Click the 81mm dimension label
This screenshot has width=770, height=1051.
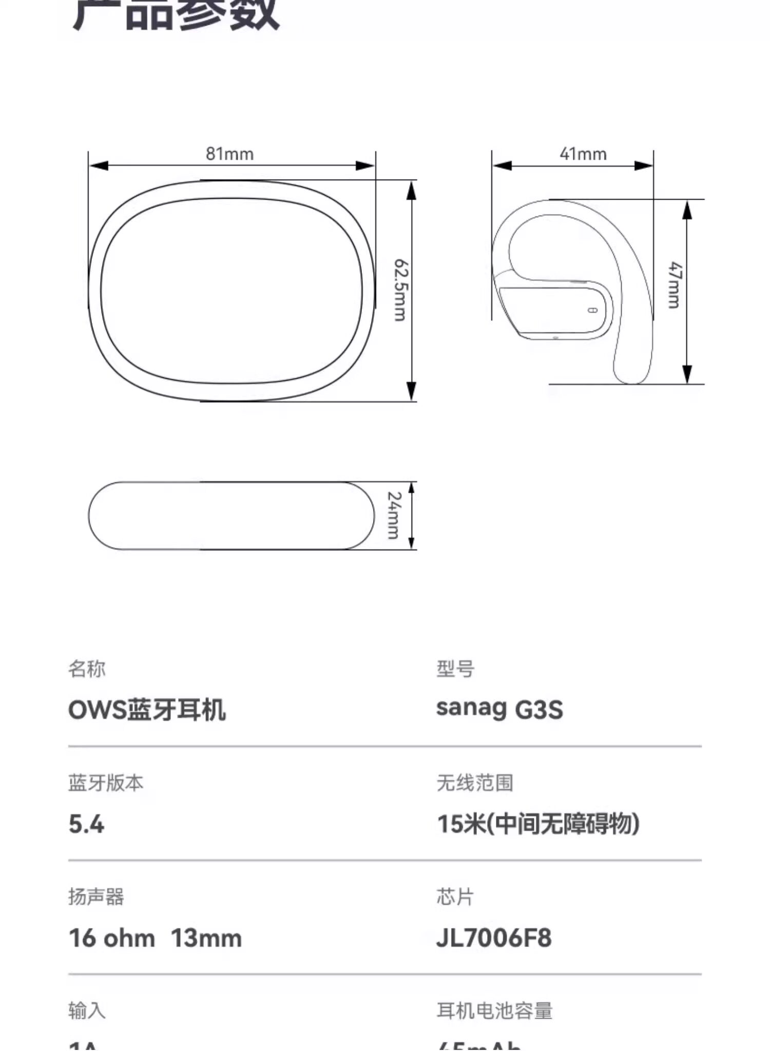[x=229, y=154]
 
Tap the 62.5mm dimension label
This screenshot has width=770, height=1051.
[x=400, y=290]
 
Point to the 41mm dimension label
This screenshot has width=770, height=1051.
[x=583, y=154]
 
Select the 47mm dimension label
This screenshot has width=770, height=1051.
[x=675, y=285]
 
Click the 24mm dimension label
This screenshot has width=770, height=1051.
[x=394, y=515]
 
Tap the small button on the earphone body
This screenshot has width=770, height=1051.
[x=592, y=310]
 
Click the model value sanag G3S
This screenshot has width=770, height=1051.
[x=499, y=709]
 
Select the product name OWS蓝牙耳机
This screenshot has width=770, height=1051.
[x=147, y=710]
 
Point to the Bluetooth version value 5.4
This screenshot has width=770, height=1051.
[x=86, y=824]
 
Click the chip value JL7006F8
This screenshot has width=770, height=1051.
[x=494, y=938]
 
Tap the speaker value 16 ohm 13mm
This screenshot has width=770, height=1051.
[x=155, y=938]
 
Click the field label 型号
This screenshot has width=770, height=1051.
[x=455, y=668]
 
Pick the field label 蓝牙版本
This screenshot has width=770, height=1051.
[x=106, y=782]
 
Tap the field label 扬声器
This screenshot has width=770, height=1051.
[x=96, y=896]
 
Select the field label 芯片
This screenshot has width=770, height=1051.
[x=455, y=896]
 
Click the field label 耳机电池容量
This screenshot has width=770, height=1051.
[x=494, y=1010]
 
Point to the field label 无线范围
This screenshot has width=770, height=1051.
[x=475, y=782]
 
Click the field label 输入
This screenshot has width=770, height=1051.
[x=86, y=1010]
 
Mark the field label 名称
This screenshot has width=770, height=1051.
[x=86, y=668]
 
